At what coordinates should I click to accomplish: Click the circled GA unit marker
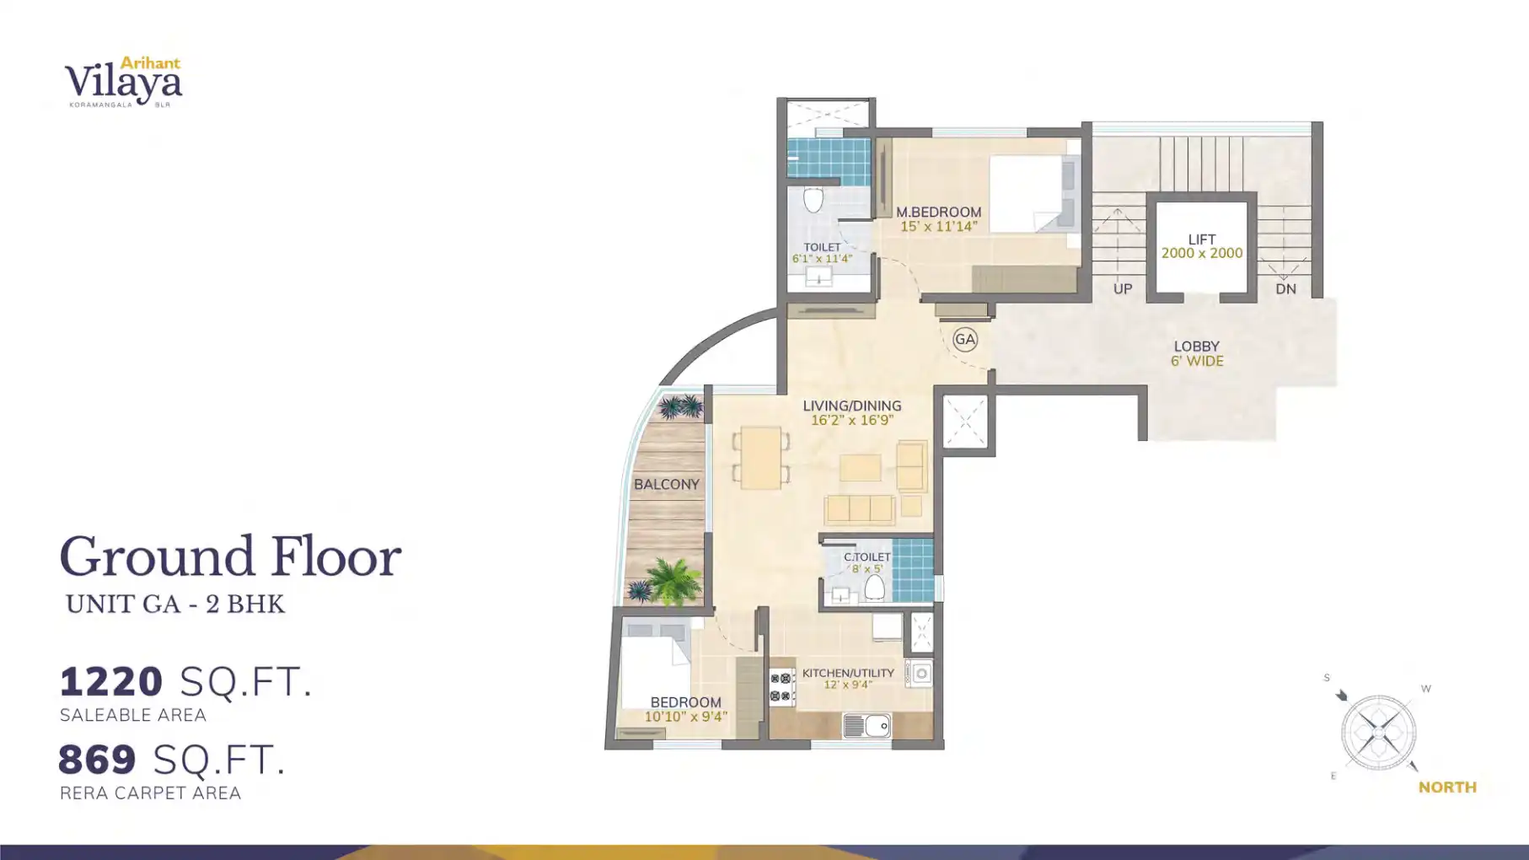(x=965, y=340)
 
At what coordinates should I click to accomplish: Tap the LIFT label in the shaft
(x=1201, y=239)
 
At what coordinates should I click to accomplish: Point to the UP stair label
(x=1122, y=289)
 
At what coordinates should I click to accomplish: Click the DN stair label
(x=1285, y=289)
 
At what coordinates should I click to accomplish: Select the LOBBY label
(x=1196, y=347)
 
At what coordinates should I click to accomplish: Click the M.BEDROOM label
(x=938, y=212)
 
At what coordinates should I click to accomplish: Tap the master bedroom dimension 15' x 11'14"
(x=938, y=227)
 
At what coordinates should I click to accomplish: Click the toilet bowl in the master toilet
(x=813, y=201)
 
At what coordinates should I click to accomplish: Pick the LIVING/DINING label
(x=851, y=406)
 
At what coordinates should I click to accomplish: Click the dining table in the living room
(x=760, y=458)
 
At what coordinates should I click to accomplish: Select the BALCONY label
(x=666, y=485)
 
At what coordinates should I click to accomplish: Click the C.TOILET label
(x=866, y=557)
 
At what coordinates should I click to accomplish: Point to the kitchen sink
(x=866, y=726)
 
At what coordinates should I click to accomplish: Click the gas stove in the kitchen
(x=781, y=687)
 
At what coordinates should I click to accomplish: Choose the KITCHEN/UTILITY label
(x=847, y=673)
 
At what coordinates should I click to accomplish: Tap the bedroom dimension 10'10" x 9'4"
(x=685, y=718)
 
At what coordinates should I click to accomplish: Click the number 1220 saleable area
(x=111, y=682)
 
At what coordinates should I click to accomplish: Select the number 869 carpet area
(x=98, y=760)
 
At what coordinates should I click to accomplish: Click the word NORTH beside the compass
(x=1446, y=787)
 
